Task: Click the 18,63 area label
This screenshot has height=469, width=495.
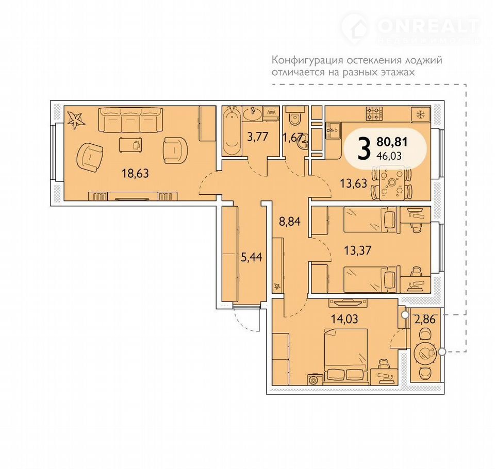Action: (x=135, y=173)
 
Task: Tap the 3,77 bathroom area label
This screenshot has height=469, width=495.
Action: (x=258, y=137)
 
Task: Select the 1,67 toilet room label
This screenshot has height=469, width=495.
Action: (x=293, y=137)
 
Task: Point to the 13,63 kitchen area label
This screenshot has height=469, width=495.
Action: (x=354, y=183)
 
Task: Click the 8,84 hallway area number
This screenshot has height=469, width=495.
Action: (x=289, y=222)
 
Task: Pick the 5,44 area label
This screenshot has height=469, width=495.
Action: (x=252, y=257)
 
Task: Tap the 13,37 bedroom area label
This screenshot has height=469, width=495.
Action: (x=357, y=250)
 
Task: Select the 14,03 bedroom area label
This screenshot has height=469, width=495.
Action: (x=344, y=319)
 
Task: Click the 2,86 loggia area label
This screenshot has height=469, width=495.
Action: (x=425, y=320)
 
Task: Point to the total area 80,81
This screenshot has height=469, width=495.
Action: (x=392, y=142)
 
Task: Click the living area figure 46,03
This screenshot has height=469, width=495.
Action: (x=391, y=156)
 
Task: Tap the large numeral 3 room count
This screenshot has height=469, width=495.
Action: (x=364, y=149)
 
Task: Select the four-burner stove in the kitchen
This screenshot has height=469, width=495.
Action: (x=374, y=113)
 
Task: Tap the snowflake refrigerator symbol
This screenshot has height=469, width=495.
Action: (x=420, y=115)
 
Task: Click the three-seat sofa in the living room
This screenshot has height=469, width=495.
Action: (x=130, y=120)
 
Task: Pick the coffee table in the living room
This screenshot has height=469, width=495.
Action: (x=130, y=145)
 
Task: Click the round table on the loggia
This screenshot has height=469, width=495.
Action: (x=424, y=353)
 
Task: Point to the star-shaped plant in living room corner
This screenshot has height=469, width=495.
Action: (x=75, y=120)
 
